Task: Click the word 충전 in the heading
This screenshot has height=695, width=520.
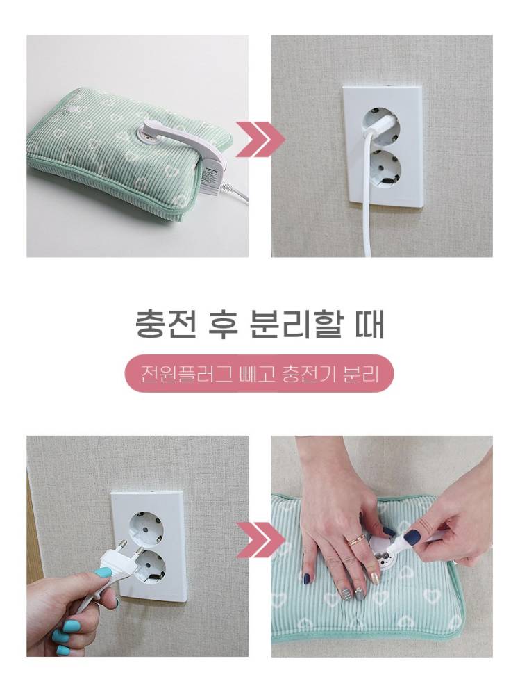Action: [x=165, y=325]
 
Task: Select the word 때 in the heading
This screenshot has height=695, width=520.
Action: [x=369, y=325]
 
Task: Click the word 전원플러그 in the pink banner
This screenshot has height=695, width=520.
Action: [x=186, y=374]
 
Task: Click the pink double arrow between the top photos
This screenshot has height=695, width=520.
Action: [x=260, y=139]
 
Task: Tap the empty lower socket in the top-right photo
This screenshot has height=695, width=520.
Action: [x=383, y=169]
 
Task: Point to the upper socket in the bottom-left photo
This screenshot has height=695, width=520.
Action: [x=145, y=529]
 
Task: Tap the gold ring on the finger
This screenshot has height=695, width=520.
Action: [x=354, y=540]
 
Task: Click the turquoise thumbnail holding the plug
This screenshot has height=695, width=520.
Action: [x=103, y=573]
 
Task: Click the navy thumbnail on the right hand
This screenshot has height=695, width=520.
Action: [x=412, y=537]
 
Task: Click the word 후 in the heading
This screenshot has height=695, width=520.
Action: [x=223, y=325]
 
